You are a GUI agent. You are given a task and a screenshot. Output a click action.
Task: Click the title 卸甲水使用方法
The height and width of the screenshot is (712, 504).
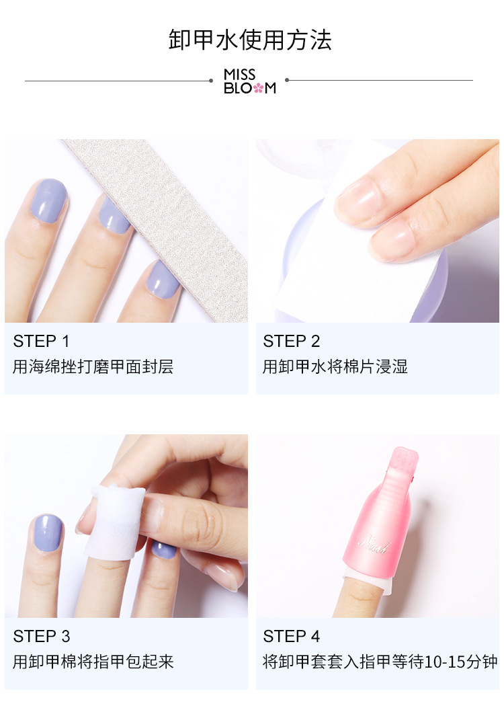click(250, 40)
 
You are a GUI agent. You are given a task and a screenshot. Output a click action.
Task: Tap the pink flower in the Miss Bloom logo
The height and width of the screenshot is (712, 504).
click(258, 87)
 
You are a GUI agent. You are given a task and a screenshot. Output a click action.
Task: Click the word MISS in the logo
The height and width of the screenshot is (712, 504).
click(239, 75)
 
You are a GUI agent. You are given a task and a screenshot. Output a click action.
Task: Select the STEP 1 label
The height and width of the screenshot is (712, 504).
click(41, 341)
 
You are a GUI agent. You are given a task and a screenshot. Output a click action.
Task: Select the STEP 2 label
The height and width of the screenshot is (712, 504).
click(292, 341)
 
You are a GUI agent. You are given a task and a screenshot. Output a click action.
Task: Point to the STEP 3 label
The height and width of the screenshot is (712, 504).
click(41, 636)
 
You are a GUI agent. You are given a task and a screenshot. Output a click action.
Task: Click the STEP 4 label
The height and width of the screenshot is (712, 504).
click(292, 636)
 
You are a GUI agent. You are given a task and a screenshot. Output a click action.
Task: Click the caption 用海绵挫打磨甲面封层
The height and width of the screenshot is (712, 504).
click(93, 366)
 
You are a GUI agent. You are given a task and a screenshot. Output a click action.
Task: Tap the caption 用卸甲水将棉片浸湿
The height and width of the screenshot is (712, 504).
click(335, 366)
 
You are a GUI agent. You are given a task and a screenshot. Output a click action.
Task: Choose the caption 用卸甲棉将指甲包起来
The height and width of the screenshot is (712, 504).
click(93, 662)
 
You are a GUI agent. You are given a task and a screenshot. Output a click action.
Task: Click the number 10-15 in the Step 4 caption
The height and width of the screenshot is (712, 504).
click(447, 662)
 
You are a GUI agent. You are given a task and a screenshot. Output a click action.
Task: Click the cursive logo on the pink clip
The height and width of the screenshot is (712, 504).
click(374, 544)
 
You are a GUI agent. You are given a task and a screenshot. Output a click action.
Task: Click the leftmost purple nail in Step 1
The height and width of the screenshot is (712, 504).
click(48, 201)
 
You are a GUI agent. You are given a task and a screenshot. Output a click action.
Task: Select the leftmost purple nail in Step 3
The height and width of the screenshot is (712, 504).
click(48, 533)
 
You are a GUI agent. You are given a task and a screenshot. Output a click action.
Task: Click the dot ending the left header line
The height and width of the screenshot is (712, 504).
click(211, 81)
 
